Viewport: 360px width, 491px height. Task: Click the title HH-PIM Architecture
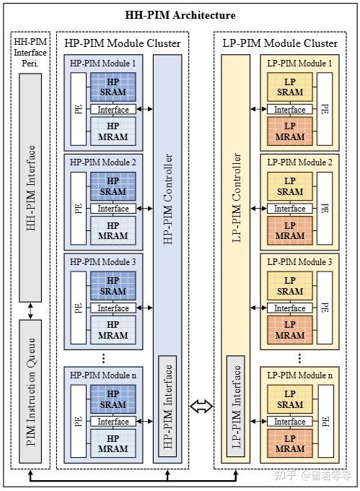click(180, 15)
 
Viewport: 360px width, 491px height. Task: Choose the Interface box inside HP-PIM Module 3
click(113, 308)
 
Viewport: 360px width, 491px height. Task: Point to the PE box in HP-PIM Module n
click(77, 421)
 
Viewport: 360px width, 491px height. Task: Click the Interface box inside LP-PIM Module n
click(290, 422)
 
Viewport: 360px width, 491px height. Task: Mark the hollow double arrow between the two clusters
click(202, 407)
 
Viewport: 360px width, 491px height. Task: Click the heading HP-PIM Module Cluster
click(123, 43)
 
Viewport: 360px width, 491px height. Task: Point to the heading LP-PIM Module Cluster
click(280, 43)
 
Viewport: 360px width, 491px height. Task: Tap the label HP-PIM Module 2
click(102, 162)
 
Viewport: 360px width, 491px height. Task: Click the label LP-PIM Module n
click(299, 375)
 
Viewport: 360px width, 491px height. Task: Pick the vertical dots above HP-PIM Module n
click(104, 357)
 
